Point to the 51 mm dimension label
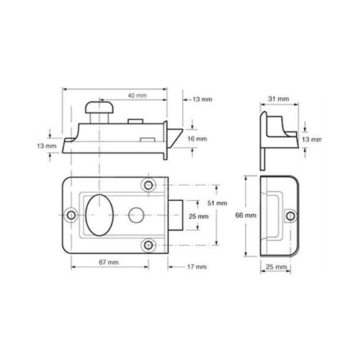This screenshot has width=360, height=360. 218,202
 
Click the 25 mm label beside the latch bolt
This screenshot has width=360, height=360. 199,216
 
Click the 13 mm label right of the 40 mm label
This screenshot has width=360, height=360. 202,99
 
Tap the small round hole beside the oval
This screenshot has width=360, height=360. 136,214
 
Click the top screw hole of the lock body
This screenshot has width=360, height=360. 149,184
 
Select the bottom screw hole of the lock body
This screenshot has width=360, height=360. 149,245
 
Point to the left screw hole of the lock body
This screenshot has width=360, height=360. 70,215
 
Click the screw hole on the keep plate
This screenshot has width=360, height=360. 290,215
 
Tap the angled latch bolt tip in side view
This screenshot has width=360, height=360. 175,136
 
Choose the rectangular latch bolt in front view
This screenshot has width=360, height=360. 174,215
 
